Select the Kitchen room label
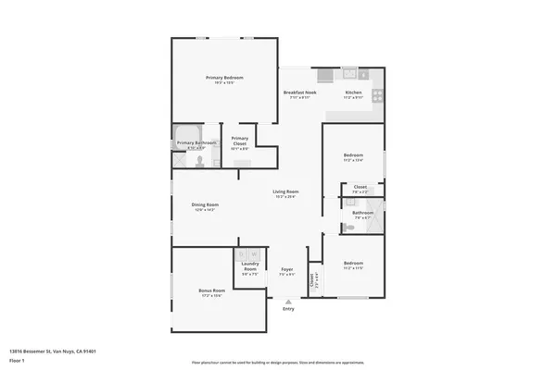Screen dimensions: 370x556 (x=353, y=93)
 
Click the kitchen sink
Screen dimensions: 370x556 (x=347, y=74)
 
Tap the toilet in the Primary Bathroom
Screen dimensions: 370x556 (x=198, y=160)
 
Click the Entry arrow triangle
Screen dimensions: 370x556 (x=288, y=301)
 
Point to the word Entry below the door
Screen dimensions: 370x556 (x=288, y=309)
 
